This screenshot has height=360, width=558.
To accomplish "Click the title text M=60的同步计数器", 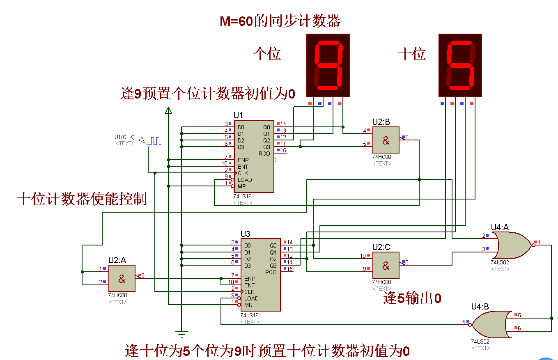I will coord(280,21).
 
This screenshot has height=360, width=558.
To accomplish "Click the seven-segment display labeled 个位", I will coord(328,65).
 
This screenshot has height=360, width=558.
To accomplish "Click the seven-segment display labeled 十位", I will coord(460,65).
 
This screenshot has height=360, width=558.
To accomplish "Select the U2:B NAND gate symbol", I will coord(386,140).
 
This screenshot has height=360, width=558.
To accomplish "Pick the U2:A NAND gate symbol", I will coord(122,279).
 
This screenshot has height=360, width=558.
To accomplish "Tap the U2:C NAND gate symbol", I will coord(386,265).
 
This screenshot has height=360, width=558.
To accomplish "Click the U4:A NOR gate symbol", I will coord(513,245).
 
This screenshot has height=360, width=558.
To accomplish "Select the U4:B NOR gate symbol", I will coord(491,324).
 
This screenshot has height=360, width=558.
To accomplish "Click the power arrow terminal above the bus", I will coord(168,110).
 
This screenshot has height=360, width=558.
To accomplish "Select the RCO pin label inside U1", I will coord(264,154).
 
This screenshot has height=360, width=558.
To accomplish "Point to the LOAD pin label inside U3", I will coord(251,298).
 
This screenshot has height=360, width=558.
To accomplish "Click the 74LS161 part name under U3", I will coord(250,315).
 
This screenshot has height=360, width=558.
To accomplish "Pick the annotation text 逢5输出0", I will coord(412,298).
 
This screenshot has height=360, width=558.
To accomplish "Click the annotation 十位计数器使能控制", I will coord(82,199).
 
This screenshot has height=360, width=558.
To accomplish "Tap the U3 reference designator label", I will coord(245,234).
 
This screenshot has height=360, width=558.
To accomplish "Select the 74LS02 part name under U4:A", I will coord(500,262).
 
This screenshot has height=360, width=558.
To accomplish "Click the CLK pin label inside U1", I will coord(243,173).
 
